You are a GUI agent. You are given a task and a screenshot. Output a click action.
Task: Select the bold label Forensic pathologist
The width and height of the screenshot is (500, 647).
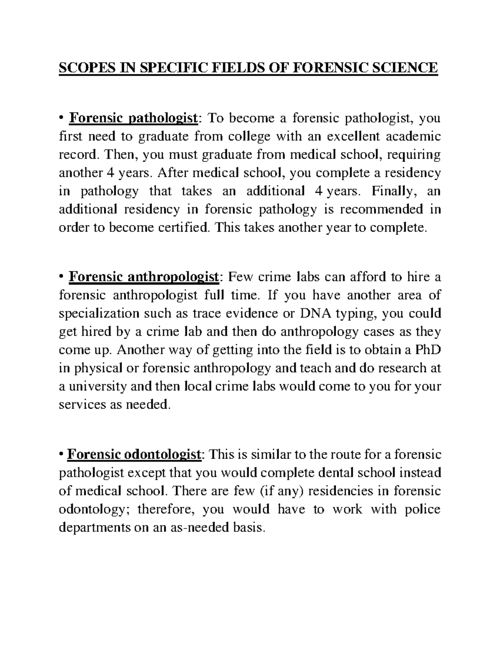tap(133, 118)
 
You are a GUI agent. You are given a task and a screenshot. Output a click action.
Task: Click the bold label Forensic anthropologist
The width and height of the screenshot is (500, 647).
tap(144, 277)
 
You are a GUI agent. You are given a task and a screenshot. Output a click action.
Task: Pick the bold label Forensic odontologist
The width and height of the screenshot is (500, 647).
tap(135, 455)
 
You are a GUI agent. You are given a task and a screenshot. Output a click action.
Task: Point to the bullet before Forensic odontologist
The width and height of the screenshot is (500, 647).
tap(61, 455)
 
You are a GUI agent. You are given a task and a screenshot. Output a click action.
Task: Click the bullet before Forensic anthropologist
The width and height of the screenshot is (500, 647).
tap(61, 277)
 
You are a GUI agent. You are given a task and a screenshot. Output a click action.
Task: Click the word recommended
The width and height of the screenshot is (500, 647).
tap(382, 209)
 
